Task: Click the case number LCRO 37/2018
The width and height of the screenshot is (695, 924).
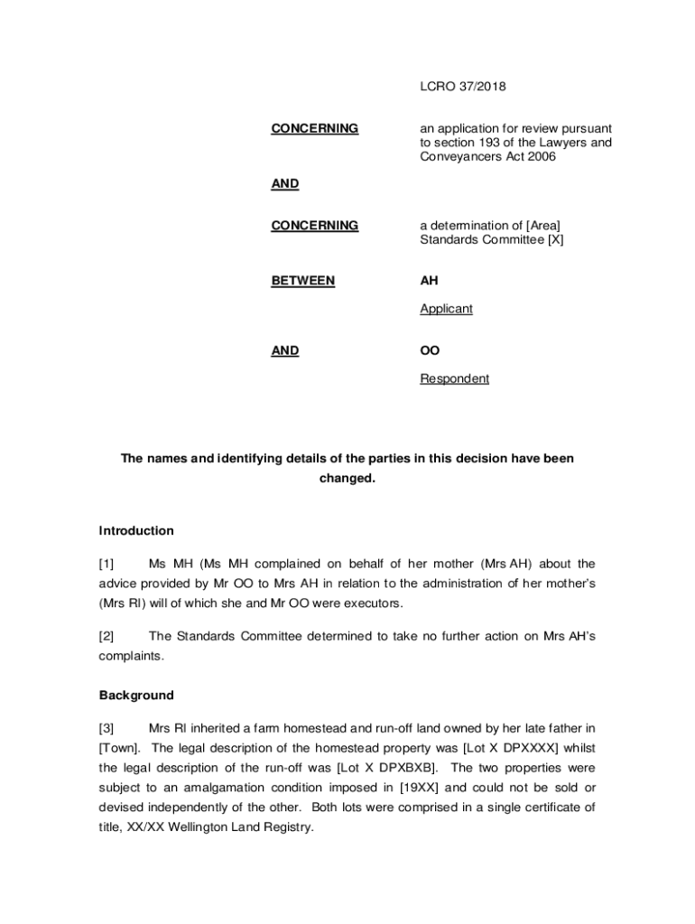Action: pos(463,87)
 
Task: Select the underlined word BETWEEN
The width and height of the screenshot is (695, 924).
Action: pos(302,281)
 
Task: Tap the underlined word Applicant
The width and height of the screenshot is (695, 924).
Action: pos(446,309)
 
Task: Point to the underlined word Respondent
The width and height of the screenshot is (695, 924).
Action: pos(454,379)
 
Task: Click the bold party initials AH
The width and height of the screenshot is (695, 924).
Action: pos(430,281)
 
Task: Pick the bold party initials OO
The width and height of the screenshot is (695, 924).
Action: pos(430,351)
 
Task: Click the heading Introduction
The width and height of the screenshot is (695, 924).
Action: pos(135,531)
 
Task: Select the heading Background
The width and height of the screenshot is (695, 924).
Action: pos(135,696)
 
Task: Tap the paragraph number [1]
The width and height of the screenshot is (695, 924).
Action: pos(107,564)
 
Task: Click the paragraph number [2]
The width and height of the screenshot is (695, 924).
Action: pos(107,636)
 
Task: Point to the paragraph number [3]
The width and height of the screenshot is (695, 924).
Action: pos(107,728)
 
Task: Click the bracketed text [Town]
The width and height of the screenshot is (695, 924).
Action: pos(117,748)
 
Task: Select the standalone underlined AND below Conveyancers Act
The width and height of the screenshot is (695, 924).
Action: pos(285,184)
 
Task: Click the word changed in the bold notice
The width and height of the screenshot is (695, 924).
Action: pos(347,478)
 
